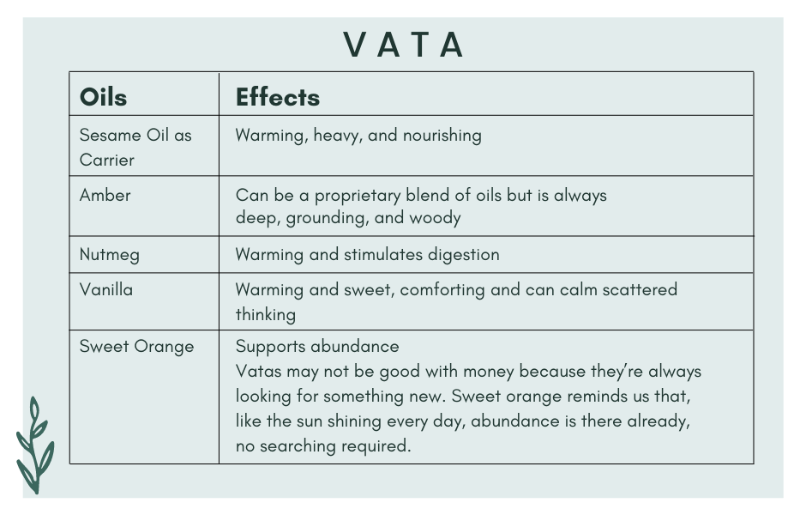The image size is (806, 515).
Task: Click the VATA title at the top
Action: coord(403,45)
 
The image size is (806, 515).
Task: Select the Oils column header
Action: coord(103,97)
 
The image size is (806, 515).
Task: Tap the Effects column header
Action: coord(278,97)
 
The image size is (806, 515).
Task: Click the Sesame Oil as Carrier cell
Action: coord(135,147)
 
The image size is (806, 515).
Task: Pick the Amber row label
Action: coord(105,195)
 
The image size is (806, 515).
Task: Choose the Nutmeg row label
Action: coord(109,254)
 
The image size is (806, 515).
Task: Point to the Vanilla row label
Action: coord(106,289)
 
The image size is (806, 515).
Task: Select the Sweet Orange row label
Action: coord(136,346)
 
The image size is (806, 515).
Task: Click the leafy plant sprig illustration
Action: coord(34,446)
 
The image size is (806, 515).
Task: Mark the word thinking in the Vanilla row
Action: coord(266,314)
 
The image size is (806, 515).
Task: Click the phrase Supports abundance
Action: coord(317,346)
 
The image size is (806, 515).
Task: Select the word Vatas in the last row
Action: coord(258,371)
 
